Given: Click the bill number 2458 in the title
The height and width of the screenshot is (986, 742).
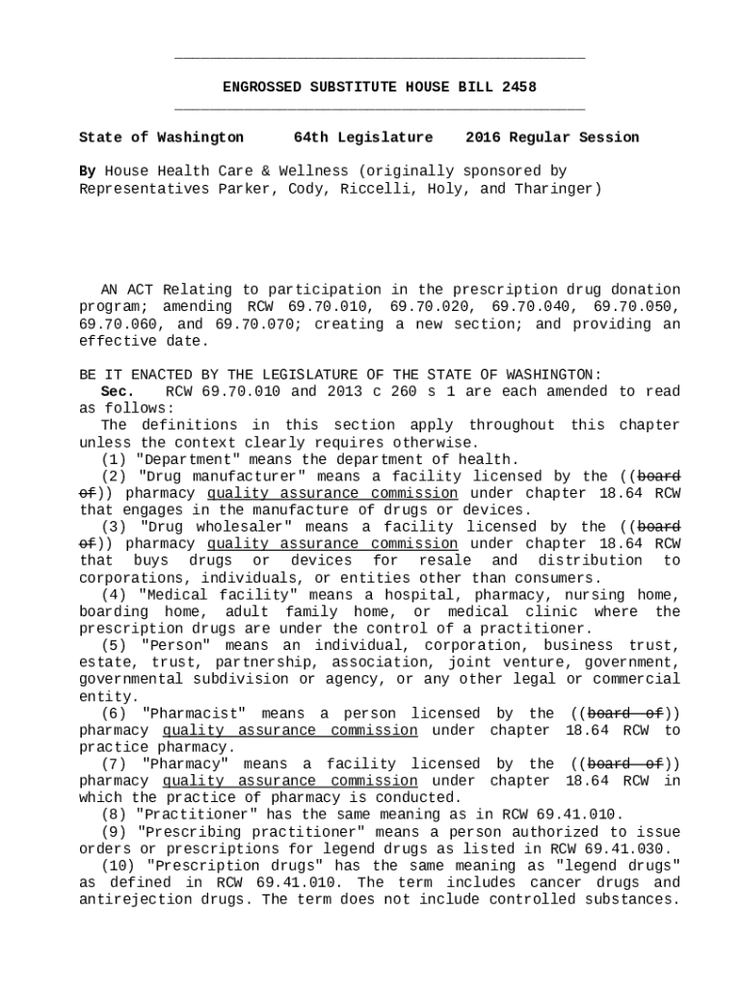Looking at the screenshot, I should coord(519,88).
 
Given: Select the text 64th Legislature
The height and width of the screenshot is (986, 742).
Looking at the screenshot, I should coord(363,138).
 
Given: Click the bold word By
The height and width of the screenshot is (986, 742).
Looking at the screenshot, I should coord(87,171).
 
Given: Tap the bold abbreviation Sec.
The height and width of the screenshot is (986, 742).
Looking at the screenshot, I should coord(118,392).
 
